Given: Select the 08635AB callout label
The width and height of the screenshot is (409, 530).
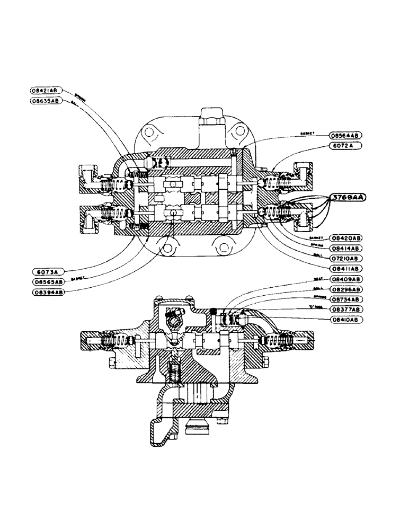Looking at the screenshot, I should coord(47,100).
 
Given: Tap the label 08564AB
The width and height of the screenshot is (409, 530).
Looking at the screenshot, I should coord(345,135).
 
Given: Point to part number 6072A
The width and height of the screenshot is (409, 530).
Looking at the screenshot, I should coord(341,145).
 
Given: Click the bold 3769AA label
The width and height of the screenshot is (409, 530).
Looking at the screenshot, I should coord(349,197).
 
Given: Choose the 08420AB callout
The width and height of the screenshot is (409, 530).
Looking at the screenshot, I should coord(345,238).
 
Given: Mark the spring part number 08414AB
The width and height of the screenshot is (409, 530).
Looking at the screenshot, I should coord(345,248).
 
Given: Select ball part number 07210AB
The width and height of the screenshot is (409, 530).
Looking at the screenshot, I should coord(345,258).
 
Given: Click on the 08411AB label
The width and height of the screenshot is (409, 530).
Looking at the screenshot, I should coord(345,269).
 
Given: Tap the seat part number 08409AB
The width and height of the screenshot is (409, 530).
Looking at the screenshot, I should coord(345,279).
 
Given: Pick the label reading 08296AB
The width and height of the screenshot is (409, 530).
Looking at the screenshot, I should coord(345,289).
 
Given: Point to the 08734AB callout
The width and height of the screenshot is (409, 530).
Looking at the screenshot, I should coord(345,299).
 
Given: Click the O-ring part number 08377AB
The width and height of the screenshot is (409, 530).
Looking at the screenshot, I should coord(345,310).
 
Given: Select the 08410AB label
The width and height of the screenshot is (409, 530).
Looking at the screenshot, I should coord(345,320).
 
